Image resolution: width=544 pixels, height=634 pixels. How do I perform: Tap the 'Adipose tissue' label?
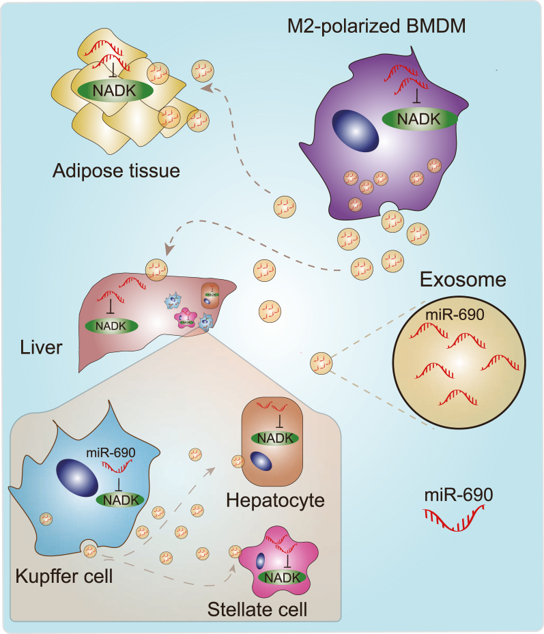[116, 170]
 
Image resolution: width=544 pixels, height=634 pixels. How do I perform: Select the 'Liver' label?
[42, 347]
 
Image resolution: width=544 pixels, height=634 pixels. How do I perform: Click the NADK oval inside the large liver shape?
[107, 326]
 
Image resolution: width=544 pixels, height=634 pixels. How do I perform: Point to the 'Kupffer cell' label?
[63, 575]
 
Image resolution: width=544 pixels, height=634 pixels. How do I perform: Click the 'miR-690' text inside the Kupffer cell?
[109, 453]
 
